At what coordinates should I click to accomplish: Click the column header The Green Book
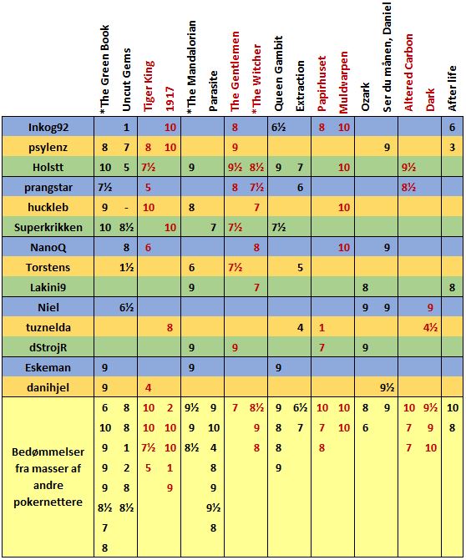click(x=104, y=67)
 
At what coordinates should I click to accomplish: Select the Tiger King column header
click(x=149, y=86)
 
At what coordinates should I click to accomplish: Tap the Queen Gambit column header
click(x=278, y=73)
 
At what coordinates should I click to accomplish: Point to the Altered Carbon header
click(x=408, y=73)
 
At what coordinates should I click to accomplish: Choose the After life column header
click(x=452, y=88)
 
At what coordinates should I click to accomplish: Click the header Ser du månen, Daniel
click(x=387, y=57)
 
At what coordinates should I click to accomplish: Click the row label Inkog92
click(x=48, y=127)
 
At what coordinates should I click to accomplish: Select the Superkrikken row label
click(x=48, y=227)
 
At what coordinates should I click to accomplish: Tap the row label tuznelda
click(x=48, y=327)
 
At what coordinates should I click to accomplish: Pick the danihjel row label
click(x=48, y=387)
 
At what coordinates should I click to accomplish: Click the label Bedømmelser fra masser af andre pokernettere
click(x=48, y=477)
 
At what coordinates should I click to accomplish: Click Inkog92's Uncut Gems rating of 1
click(x=126, y=128)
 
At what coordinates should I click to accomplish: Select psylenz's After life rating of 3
click(x=452, y=148)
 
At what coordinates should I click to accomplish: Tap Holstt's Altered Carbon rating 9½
click(x=409, y=168)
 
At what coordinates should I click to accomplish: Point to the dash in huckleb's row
click(x=126, y=208)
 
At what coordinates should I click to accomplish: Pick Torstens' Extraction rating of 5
click(x=300, y=268)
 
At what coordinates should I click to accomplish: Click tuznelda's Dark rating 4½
click(x=430, y=327)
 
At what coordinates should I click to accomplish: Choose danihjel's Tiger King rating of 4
click(x=149, y=387)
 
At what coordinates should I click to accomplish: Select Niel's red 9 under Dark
click(x=430, y=307)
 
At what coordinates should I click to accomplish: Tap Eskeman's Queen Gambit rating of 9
click(x=278, y=367)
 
